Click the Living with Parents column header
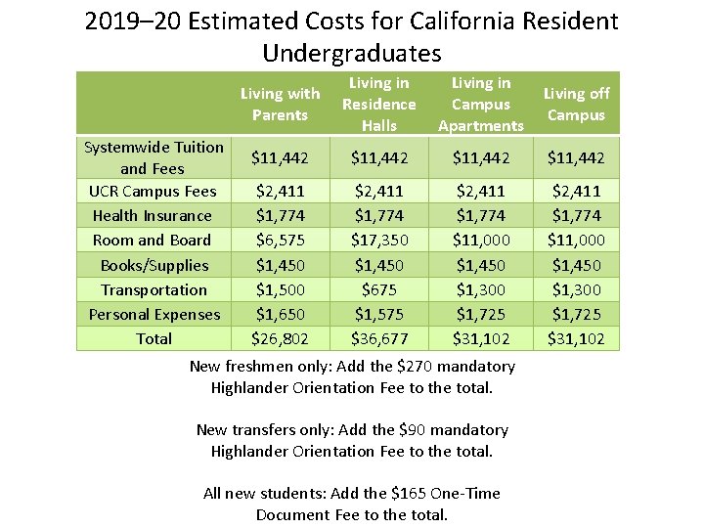pos(281,105)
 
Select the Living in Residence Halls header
pos(379,105)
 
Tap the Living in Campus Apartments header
pos(481,105)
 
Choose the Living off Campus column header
pos(577,105)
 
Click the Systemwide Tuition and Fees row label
pos(154,157)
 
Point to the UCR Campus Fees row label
pos(153,192)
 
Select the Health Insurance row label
pos(153,215)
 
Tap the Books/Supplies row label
pos(154,265)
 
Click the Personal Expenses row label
pos(154,314)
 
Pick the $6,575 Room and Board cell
pos(281,241)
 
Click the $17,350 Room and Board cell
pos(379,241)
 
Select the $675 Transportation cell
pos(379,290)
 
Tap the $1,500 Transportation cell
pos(281,290)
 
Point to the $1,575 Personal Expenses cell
pos(379,314)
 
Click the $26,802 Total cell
pos(281,338)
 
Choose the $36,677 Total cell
pos(379,338)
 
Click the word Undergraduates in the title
pos(352,53)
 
